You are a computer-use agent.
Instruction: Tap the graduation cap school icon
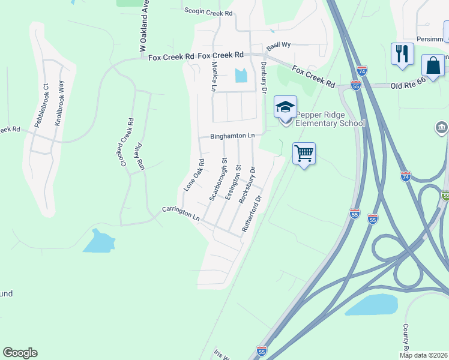[x=285, y=107]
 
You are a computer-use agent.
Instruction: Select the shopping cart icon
[x=304, y=153]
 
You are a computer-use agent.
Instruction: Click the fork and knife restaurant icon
[x=402, y=53]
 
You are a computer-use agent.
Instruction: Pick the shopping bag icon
[x=433, y=65]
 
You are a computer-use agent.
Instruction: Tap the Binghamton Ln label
[x=232, y=136]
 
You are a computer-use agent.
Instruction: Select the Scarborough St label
[x=217, y=179]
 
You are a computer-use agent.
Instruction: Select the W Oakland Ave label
[x=143, y=29]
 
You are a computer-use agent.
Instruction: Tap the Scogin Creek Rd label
[x=208, y=13]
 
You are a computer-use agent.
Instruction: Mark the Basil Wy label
[x=279, y=45]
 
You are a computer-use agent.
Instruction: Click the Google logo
[x=20, y=353]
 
